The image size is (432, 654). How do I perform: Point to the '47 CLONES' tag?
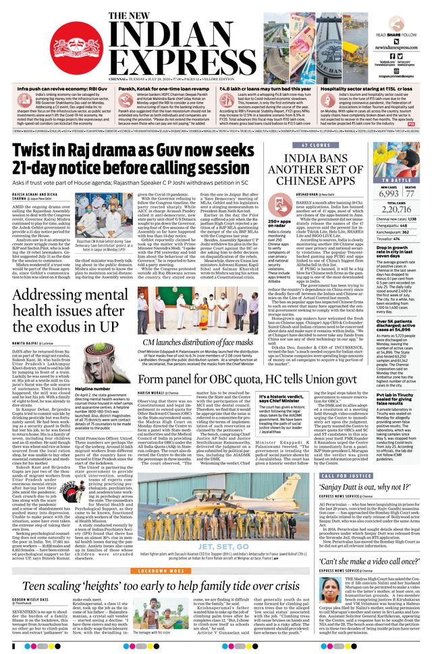316,145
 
